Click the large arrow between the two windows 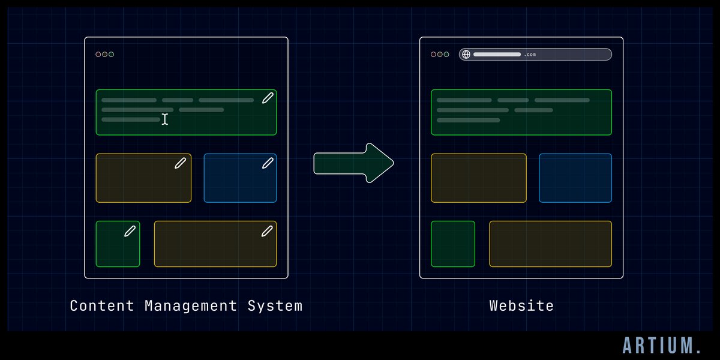pyautogui.click(x=353, y=163)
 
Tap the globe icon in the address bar pyautogui.click(x=466, y=55)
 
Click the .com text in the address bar pyautogui.click(x=530, y=55)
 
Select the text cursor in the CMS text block pyautogui.click(x=165, y=119)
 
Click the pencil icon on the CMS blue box pyautogui.click(x=268, y=163)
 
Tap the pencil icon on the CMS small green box pyautogui.click(x=130, y=231)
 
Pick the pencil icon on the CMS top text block pyautogui.click(x=268, y=98)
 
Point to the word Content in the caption pyautogui.click(x=103, y=306)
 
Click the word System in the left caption pyautogui.click(x=275, y=306)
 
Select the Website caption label pyautogui.click(x=521, y=306)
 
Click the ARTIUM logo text pyautogui.click(x=662, y=345)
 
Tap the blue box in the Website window pyautogui.click(x=575, y=178)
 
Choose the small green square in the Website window pyautogui.click(x=453, y=244)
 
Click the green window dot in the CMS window pyautogui.click(x=112, y=55)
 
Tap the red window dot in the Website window pyautogui.click(x=433, y=55)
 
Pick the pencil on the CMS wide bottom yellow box pyautogui.click(x=268, y=231)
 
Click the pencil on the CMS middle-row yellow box pyautogui.click(x=180, y=163)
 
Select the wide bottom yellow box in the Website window pyautogui.click(x=550, y=244)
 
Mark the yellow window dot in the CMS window pyautogui.click(x=104, y=55)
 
